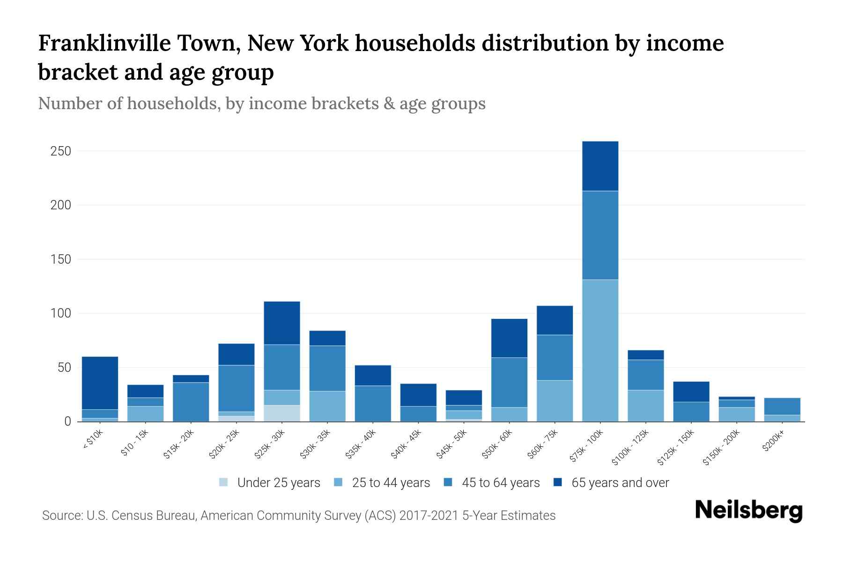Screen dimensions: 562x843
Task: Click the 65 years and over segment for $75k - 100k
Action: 600,166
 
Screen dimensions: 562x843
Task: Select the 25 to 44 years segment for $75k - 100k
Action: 600,350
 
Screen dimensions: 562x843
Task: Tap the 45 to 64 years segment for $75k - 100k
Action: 600,235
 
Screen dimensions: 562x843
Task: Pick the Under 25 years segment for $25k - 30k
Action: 281,413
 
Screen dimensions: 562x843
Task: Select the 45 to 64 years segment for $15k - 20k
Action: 191,402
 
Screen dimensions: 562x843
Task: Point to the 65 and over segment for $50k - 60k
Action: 509,338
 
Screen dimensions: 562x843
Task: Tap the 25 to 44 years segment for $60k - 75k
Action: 555,401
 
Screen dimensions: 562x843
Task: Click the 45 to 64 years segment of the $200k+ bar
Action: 782,406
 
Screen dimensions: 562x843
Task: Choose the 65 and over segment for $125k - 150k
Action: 691,392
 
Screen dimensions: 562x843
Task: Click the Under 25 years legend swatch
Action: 224,482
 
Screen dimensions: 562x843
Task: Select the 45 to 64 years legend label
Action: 501,483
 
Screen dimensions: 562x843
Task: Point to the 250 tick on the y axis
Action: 60,151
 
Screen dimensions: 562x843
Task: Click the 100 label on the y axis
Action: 60,313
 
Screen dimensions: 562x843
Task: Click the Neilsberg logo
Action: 748,511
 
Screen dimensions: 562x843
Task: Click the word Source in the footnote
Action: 61,516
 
